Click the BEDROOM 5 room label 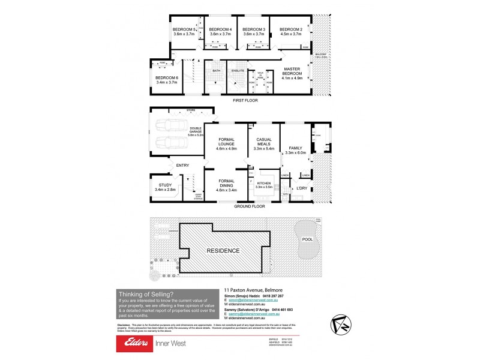point(185,29)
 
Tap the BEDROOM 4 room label point(221,29)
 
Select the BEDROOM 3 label point(255,29)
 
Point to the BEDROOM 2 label point(291,29)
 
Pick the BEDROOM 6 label point(167,78)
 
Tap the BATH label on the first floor point(216,71)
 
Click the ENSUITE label point(237,71)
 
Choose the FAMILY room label point(296,148)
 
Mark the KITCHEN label point(265,184)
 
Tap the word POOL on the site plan point(307,239)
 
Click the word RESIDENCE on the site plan point(223,250)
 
